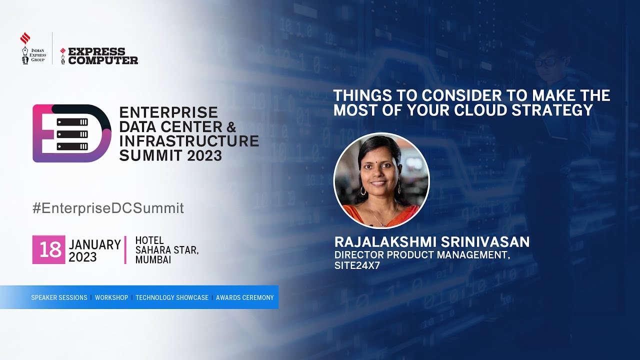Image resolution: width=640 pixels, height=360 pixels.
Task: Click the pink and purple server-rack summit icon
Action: [71, 133]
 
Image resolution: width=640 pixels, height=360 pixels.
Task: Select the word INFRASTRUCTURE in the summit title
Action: [189, 140]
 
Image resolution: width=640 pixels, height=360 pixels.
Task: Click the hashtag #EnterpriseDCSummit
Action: [108, 208]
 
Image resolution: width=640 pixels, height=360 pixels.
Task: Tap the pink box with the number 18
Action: [49, 249]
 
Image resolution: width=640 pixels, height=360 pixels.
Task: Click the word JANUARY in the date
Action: [95, 244]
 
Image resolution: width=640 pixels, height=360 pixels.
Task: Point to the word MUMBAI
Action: [153, 260]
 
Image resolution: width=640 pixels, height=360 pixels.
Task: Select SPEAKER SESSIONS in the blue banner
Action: [59, 297]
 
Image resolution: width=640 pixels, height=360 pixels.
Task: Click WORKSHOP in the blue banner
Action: [111, 297]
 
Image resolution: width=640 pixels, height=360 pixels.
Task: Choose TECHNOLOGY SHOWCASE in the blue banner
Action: [172, 297]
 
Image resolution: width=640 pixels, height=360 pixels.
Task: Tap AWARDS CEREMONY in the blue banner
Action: [245, 297]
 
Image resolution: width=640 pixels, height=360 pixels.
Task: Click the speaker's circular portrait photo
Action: [381, 180]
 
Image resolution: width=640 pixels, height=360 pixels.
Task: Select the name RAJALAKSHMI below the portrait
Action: [384, 242]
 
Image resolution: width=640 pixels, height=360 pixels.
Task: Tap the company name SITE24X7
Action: [357, 265]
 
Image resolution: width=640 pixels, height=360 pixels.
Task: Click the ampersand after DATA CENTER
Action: [231, 126]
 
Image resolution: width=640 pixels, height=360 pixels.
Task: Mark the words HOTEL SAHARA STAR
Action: [167, 245]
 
